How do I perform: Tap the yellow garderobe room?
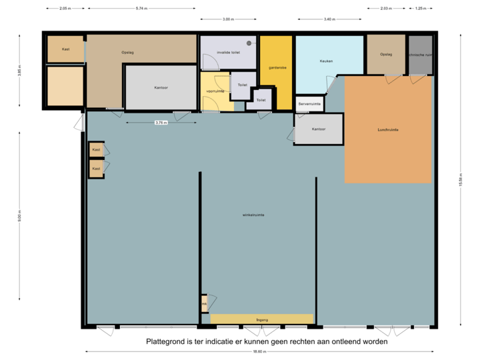coord(277,73)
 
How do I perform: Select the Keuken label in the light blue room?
coord(326,61)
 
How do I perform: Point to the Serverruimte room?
coord(309,104)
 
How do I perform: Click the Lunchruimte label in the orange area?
coord(387,129)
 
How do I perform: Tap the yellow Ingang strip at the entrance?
coord(262,319)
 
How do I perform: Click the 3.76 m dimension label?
coord(161,123)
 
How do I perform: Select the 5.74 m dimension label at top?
coord(141,9)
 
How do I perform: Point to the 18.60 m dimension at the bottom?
coord(257,351)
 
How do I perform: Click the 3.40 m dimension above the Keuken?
coord(329,19)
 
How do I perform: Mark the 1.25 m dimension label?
coord(420,9)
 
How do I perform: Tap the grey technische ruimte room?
coord(420,55)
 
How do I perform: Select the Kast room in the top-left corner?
coord(65,49)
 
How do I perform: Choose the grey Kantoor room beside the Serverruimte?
coord(319,129)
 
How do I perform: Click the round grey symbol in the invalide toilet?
coord(249,43)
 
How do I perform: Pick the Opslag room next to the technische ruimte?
coord(385,55)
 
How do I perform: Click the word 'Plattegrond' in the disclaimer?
coord(163,341)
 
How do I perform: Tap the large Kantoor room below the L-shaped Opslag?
coord(161,87)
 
